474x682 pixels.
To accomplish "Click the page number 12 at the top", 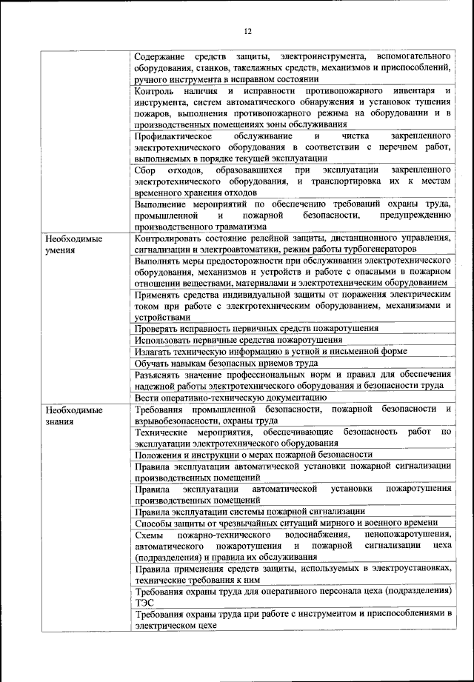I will pos(247,31).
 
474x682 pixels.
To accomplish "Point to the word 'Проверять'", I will pos(158,327).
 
